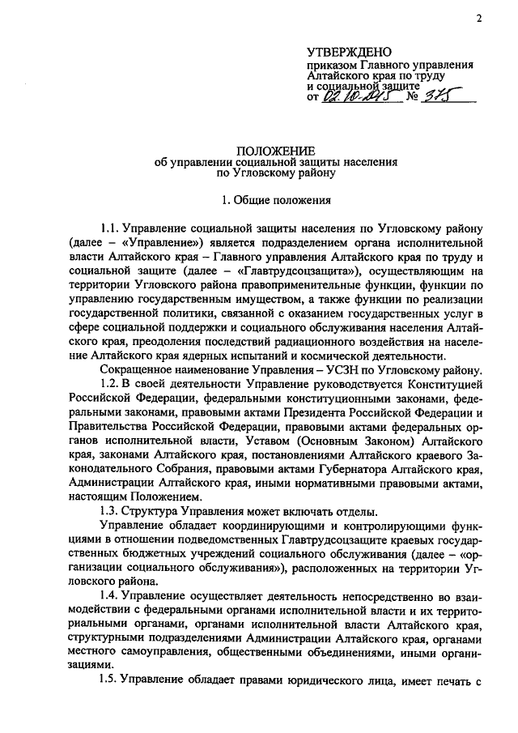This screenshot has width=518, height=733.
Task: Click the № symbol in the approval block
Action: coord(410,98)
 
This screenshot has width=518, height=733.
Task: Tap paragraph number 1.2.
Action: coord(109,381)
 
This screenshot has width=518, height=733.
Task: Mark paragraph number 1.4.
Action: coord(109,594)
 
